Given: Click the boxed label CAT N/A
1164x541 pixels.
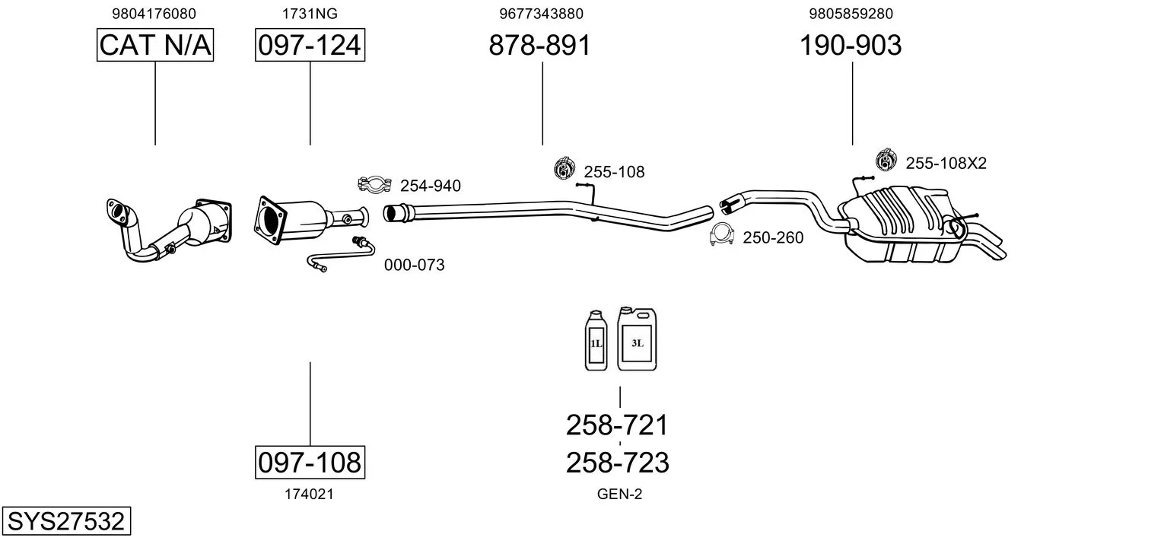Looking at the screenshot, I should click(155, 46).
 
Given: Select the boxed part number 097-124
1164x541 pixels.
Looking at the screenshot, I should click(310, 46).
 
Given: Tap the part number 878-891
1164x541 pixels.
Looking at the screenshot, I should click(539, 46).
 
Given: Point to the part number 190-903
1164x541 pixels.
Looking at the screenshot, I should click(850, 46).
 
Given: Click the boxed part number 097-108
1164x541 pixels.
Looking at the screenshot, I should click(310, 462).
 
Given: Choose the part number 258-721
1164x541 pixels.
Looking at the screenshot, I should click(617, 425).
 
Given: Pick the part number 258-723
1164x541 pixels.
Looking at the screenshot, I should click(617, 462).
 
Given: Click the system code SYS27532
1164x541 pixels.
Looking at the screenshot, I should click(65, 522).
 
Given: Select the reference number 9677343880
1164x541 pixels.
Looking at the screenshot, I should click(541, 14).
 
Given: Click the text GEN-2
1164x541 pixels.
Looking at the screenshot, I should click(619, 495).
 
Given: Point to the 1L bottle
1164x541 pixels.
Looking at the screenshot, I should click(595, 342).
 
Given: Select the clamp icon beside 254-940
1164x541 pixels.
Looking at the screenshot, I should click(374, 184).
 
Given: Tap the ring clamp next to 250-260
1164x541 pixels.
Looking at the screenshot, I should click(721, 236).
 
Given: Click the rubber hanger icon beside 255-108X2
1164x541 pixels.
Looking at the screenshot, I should click(886, 161).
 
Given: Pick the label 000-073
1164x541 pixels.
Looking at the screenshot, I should click(414, 266).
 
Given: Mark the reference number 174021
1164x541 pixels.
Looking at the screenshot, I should click(309, 495).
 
